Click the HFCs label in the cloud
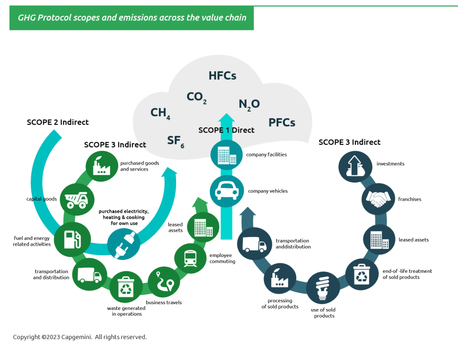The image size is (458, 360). coord(222,76)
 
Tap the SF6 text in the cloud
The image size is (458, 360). coord(176,142)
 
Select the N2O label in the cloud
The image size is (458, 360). coord(249,104)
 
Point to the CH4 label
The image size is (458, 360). coord(160,113)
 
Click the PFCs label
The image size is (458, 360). coord(282,123)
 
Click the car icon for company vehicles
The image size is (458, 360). coord(227,191)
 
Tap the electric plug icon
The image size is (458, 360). coord(124,244)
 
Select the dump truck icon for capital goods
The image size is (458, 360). coord(77,200)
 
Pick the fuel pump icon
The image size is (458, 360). coord(72,239)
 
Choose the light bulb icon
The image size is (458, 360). coord(323,288)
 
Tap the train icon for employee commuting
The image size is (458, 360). coord(190,258)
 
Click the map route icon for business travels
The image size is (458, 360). coord(165,282)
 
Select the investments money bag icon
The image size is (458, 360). coord(355,166)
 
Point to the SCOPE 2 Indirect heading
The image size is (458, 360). coord(58,122)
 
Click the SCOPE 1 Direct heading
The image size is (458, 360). coord(226,130)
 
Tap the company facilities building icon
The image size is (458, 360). coord(227,155)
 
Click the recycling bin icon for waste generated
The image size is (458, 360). coord(126,287)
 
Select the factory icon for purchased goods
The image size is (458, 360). coord(101,166)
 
